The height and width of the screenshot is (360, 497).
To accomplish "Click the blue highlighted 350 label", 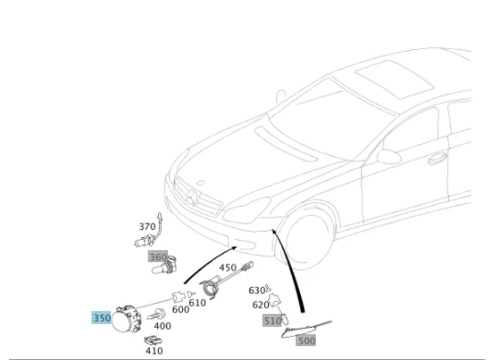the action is [x=102, y=318].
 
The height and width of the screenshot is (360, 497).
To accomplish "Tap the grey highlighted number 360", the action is [x=158, y=257].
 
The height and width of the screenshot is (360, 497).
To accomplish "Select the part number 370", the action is [x=148, y=227].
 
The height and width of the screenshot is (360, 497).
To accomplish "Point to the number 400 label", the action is [x=163, y=326].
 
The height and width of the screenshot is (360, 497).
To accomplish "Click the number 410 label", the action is [x=154, y=351].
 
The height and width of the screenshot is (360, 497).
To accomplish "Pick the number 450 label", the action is [x=227, y=268].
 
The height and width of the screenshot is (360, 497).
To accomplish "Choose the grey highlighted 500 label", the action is [x=306, y=341].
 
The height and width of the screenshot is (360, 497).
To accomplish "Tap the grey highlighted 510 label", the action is [x=273, y=320].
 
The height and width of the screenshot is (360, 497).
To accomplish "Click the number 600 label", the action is [x=181, y=309].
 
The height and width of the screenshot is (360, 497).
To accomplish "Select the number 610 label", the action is [x=197, y=303].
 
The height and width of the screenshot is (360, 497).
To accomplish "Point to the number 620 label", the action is [x=261, y=305].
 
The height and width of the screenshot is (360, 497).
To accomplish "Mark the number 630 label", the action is [x=257, y=291].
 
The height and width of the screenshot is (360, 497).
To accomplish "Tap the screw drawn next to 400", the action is [x=156, y=314].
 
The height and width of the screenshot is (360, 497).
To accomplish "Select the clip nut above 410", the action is [x=153, y=340].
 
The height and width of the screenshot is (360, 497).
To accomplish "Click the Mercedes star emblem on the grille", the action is [x=193, y=198].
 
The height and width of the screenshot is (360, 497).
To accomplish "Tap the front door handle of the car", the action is [x=437, y=159].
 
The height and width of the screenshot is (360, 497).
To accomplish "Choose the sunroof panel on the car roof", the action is [x=394, y=79].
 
